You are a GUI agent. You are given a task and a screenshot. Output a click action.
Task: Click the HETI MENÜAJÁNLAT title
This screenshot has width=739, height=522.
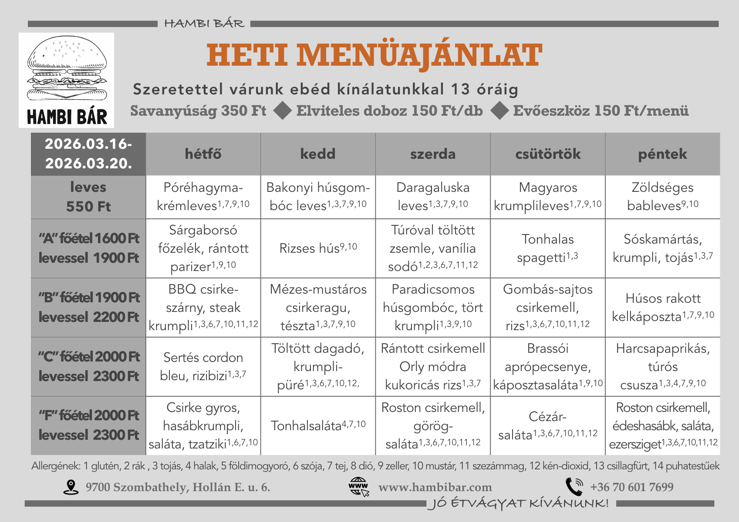point(374,55)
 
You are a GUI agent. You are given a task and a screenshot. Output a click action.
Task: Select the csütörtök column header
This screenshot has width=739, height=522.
point(547,154)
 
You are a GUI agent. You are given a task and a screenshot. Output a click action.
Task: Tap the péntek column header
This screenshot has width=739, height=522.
point(662,154)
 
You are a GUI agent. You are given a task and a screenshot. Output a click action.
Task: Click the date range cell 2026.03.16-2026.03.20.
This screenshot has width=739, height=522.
point(88,154)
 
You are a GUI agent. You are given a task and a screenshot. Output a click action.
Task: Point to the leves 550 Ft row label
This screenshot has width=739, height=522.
point(88,197)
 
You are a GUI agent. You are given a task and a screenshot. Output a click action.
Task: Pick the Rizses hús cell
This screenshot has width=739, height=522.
point(318,248)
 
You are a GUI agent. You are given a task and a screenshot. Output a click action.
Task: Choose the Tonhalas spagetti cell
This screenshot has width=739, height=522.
point(547,248)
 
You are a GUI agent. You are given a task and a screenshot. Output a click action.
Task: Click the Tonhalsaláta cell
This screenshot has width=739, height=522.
point(318,425)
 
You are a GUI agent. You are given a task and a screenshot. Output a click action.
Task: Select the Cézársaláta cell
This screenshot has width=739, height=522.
point(547,425)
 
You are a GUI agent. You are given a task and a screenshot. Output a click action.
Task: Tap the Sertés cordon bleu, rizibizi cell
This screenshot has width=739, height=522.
point(203,366)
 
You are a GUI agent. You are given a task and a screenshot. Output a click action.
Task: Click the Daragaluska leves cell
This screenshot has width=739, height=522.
point(433,197)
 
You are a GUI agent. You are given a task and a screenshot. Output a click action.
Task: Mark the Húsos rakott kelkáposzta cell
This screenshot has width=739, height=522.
point(662,307)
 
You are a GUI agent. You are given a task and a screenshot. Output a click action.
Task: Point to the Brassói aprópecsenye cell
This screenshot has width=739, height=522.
point(547,366)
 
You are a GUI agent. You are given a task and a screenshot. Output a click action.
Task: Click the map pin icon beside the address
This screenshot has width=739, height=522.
point(71,487)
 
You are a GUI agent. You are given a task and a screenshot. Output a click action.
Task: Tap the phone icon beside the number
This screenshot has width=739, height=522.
point(574,487)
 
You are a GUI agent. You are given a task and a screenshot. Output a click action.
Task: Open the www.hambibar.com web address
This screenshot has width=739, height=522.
point(435,487)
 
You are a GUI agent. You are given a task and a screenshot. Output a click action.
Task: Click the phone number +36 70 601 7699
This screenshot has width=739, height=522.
point(631,487)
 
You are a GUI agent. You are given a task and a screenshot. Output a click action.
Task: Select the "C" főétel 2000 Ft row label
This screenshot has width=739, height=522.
point(88,366)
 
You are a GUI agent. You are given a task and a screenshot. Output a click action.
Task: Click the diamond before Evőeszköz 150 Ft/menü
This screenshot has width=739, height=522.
point(499,110)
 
